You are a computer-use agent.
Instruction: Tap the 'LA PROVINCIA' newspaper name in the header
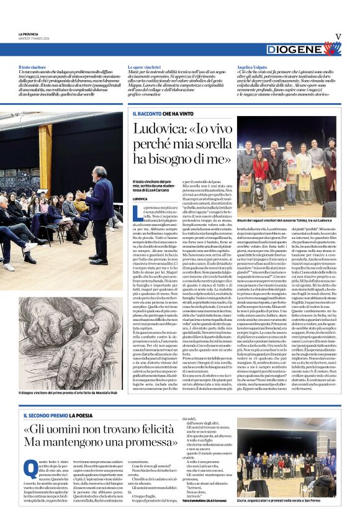click(29, 34)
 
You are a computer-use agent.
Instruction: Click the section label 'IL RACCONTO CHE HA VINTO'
click(162, 114)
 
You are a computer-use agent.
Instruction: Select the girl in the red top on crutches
click(260, 174)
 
